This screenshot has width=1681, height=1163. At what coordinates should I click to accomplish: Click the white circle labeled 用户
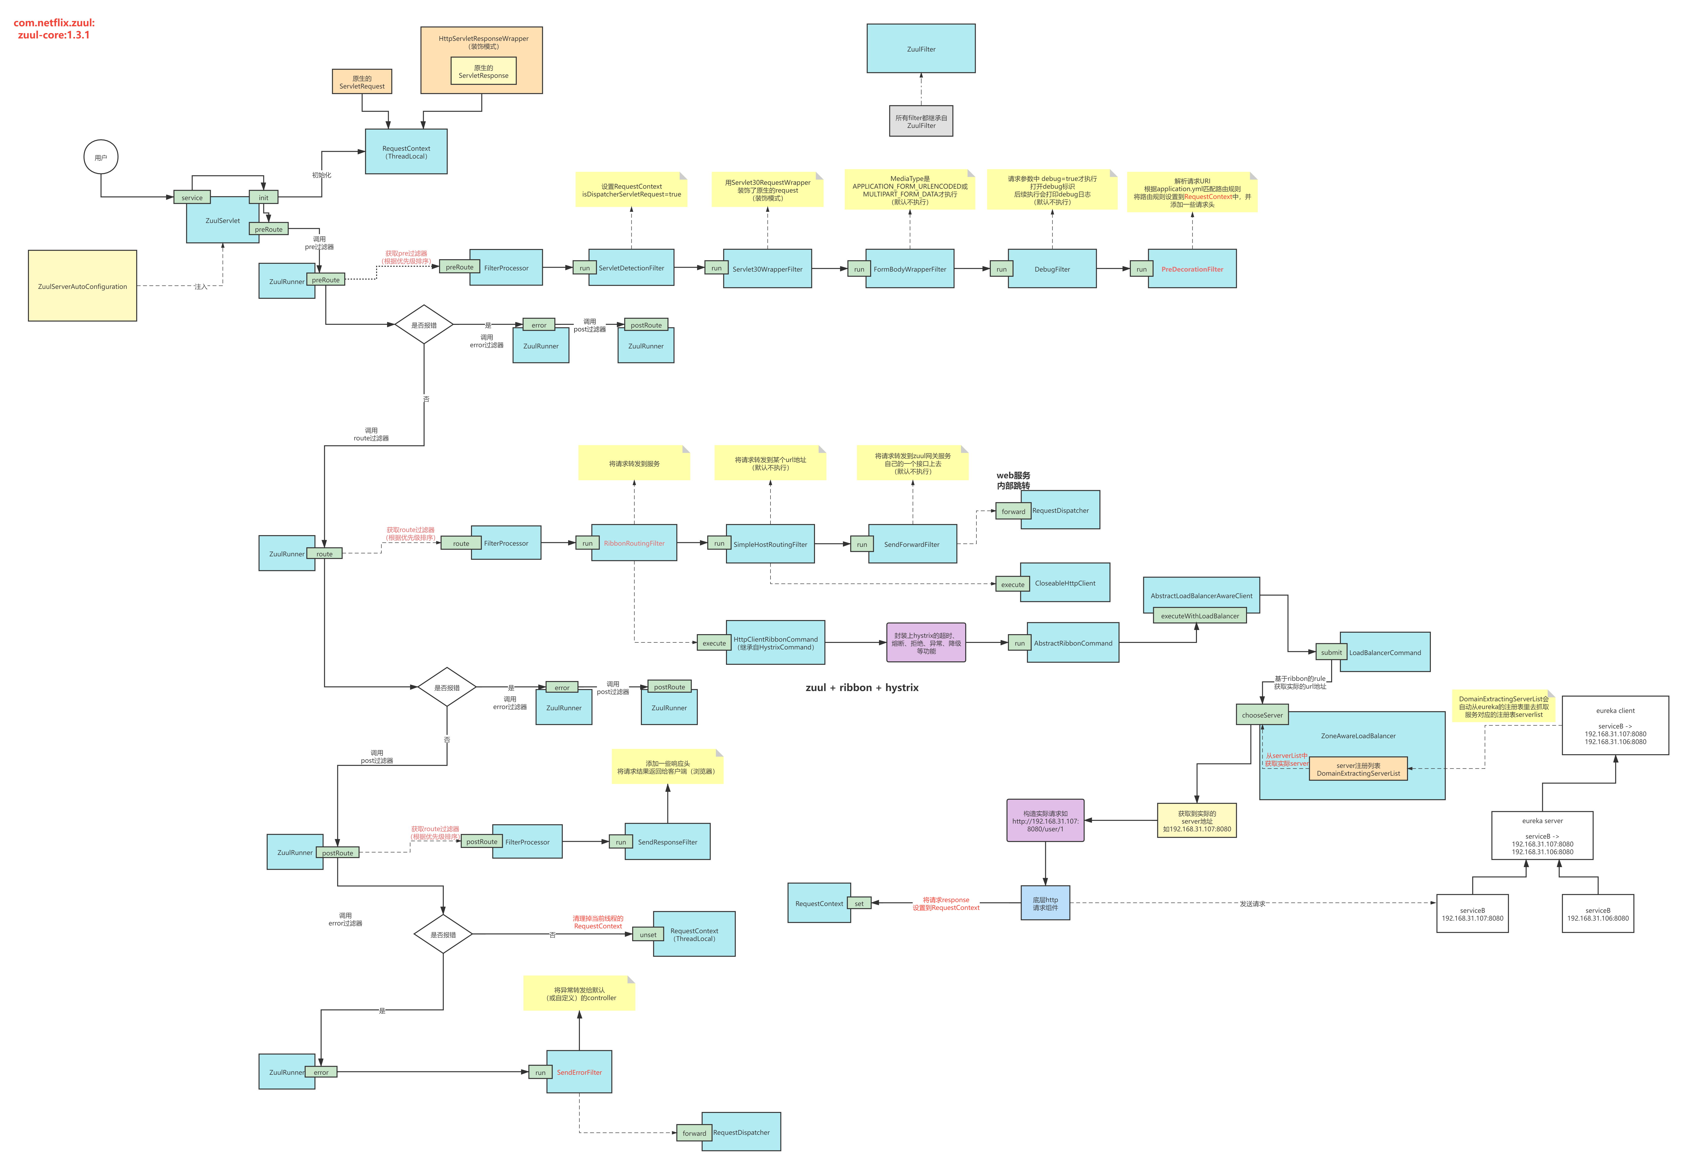pos(101,157)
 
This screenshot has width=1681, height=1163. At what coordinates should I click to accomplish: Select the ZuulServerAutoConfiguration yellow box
pos(82,286)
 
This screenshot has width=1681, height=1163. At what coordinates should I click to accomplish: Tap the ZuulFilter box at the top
pos(921,49)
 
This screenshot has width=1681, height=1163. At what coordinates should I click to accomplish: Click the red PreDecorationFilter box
pos(1192,269)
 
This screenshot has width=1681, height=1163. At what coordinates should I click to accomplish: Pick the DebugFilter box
pos(1052,269)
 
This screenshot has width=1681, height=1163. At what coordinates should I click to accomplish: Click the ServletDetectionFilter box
pos(631,268)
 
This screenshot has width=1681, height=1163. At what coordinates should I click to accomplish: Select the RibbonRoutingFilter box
pos(634,543)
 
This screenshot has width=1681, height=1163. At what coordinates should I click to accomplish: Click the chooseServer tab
pos(1262,715)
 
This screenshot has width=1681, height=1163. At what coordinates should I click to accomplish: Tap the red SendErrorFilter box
pos(579,1072)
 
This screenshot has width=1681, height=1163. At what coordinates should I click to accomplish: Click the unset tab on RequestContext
pos(648,934)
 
